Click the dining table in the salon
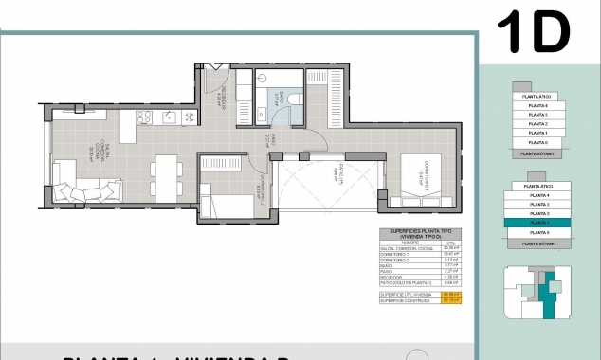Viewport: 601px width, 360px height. [x=167, y=176]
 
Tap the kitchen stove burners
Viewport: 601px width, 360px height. [x=144, y=117]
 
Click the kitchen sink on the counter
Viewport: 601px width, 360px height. [x=171, y=117]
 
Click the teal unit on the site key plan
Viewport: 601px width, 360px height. [x=547, y=293]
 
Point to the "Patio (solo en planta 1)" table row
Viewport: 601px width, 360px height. [x=400, y=282]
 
